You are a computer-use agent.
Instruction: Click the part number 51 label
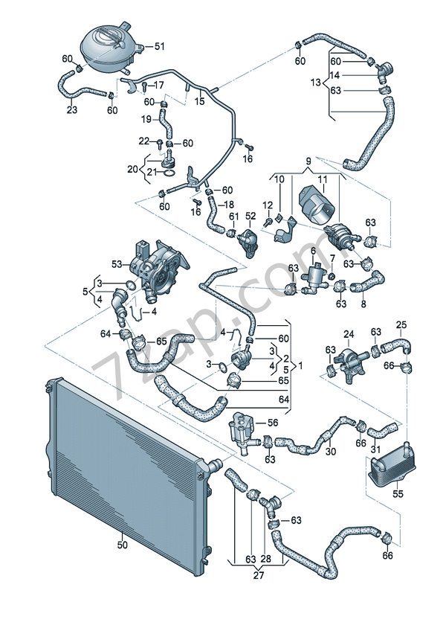tap(159, 47)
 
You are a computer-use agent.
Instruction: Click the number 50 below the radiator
tap(122, 545)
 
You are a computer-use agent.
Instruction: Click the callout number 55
tap(398, 494)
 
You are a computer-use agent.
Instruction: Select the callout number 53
tap(117, 264)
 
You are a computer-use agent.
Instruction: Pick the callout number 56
tap(272, 423)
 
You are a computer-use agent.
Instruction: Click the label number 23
tap(72, 109)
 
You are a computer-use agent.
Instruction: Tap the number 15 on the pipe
tap(199, 100)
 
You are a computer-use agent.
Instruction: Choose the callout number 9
tap(308, 161)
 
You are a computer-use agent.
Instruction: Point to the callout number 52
tap(251, 216)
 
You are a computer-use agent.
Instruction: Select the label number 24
tap(349, 334)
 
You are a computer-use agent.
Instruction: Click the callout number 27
tap(259, 575)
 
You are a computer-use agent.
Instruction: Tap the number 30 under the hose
tap(331, 452)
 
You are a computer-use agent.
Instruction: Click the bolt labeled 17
tap(144, 86)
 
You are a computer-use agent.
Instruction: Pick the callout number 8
tap(363, 304)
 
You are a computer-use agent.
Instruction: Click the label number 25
tap(401, 324)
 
